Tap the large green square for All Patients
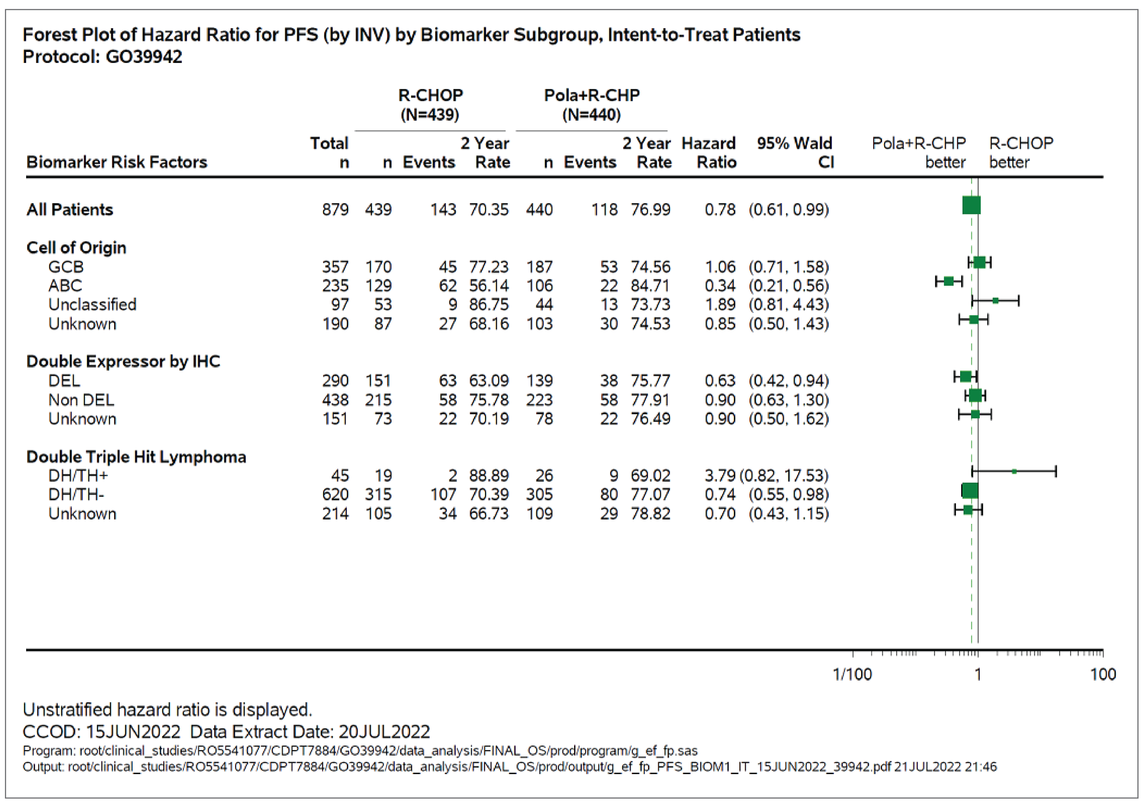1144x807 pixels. tap(971, 205)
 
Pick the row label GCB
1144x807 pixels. tap(66, 267)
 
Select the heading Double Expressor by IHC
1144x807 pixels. tap(123, 361)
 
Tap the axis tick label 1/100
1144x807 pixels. tap(852, 675)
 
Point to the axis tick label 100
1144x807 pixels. tap(1103, 675)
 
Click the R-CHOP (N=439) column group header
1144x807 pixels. tap(430, 105)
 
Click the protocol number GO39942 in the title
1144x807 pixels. tap(144, 57)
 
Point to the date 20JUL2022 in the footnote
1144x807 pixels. tap(384, 732)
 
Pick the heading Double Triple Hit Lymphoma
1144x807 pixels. tap(136, 457)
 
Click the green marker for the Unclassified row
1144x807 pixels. tap(995, 300)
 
